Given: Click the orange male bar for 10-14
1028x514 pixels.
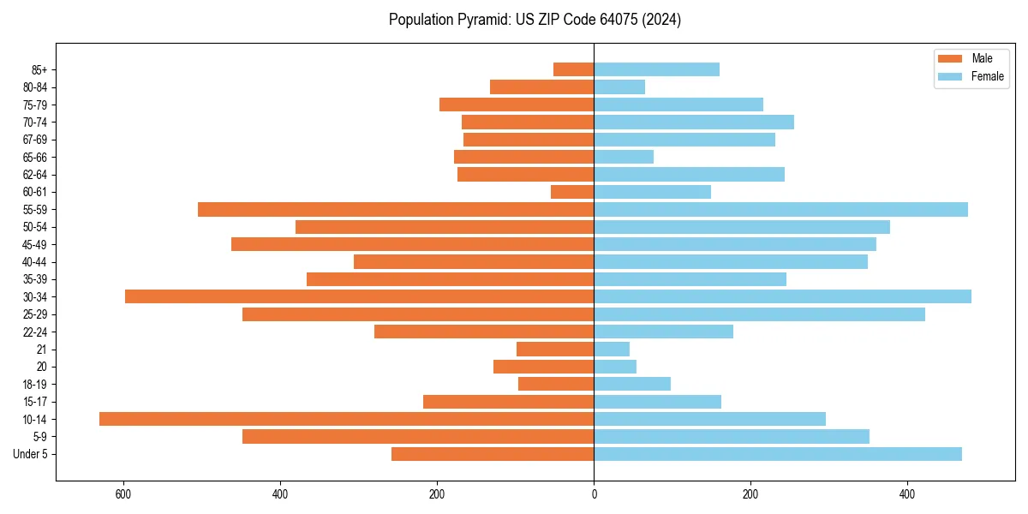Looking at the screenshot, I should click(x=346, y=419).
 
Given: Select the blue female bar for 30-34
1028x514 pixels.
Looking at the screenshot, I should click(x=782, y=296).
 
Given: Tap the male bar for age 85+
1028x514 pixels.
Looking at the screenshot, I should click(x=573, y=69).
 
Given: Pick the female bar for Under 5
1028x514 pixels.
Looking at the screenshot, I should click(x=778, y=454).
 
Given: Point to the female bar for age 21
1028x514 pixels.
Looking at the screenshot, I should click(x=612, y=350).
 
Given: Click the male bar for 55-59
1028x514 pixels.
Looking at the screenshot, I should click(x=396, y=210).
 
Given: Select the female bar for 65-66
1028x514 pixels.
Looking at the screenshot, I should click(x=624, y=157).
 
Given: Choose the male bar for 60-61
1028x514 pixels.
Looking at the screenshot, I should click(x=572, y=192).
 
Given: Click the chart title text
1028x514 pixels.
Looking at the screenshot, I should click(x=535, y=20).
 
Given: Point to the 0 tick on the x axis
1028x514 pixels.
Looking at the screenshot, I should click(x=594, y=494).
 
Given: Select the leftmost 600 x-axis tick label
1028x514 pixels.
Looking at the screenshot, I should click(x=123, y=494).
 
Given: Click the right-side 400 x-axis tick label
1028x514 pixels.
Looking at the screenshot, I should click(x=907, y=494).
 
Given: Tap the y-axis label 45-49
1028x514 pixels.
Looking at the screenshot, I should click(x=34, y=245).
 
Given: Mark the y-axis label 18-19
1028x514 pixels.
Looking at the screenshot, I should click(x=34, y=385).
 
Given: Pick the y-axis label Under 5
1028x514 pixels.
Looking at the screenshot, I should click(x=31, y=454).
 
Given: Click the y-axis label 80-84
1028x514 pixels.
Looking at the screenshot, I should click(x=34, y=87).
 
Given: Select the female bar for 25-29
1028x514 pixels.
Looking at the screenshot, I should click(x=759, y=314).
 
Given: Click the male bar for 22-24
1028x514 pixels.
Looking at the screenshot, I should click(x=484, y=332).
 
